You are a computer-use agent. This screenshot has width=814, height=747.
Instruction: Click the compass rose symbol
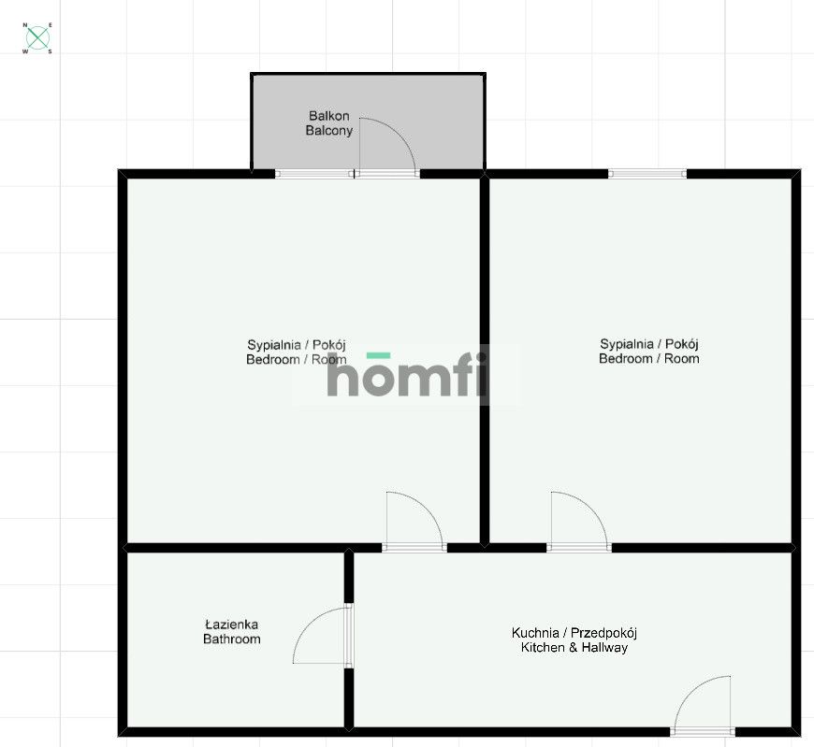tap(38, 38)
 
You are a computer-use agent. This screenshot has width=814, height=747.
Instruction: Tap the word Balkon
tap(328, 116)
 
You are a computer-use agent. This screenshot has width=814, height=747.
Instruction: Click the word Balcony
tap(328, 130)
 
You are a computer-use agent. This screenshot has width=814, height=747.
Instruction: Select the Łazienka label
tap(231, 624)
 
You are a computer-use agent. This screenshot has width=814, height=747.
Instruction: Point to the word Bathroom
tap(231, 639)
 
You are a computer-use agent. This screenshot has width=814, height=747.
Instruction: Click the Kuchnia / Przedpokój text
tap(574, 633)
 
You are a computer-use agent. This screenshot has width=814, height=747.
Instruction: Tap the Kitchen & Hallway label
tap(574, 647)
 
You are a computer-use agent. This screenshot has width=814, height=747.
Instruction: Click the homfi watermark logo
tap(407, 374)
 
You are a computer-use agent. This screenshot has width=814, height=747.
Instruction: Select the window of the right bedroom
tap(647, 174)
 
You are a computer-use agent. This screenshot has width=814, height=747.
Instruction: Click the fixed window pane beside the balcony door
tap(314, 174)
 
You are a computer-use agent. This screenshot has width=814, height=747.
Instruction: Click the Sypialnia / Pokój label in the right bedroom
tap(649, 344)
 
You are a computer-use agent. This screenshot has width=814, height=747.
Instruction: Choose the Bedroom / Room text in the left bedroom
tap(296, 360)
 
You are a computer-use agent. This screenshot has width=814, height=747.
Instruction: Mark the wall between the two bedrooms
tap(485, 361)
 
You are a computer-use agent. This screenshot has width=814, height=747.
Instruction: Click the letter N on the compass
tap(25, 25)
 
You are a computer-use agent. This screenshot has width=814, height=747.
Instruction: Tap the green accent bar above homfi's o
tap(378, 355)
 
